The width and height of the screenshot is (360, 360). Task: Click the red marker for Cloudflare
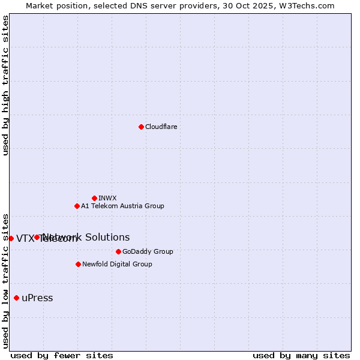click(x=141, y=127)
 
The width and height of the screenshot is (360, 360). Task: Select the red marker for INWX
click(x=94, y=198)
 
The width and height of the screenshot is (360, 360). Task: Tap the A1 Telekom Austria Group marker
click(x=77, y=206)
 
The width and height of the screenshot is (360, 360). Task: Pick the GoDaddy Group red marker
click(x=118, y=251)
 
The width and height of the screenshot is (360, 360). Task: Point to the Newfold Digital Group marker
click(x=78, y=264)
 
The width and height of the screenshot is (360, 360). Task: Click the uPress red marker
click(x=16, y=298)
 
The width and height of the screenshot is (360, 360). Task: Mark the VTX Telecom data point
click(x=11, y=238)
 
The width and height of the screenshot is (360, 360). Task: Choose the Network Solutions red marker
click(x=37, y=237)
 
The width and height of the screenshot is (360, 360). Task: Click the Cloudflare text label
click(x=161, y=127)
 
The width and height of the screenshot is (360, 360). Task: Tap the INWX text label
click(x=107, y=198)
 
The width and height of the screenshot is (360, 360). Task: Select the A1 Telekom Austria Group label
click(x=122, y=206)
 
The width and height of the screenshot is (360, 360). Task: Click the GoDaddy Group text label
click(x=148, y=251)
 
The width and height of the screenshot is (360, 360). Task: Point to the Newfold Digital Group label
click(x=117, y=264)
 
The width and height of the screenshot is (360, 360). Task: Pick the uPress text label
click(x=37, y=298)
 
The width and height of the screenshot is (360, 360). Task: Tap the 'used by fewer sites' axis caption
click(x=62, y=355)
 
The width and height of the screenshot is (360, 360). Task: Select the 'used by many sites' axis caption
click(x=301, y=355)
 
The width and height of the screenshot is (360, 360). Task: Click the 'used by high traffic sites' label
click(x=5, y=85)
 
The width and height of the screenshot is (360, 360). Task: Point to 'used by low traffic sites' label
click(x=5, y=280)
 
